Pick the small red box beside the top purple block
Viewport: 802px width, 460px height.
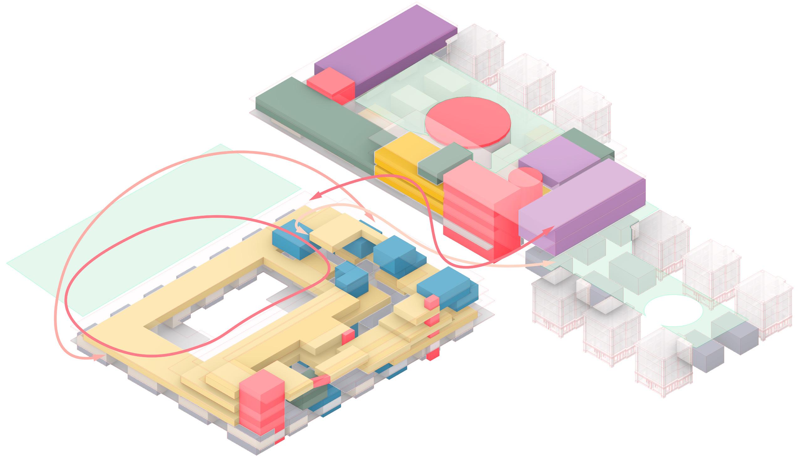click(330, 85)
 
